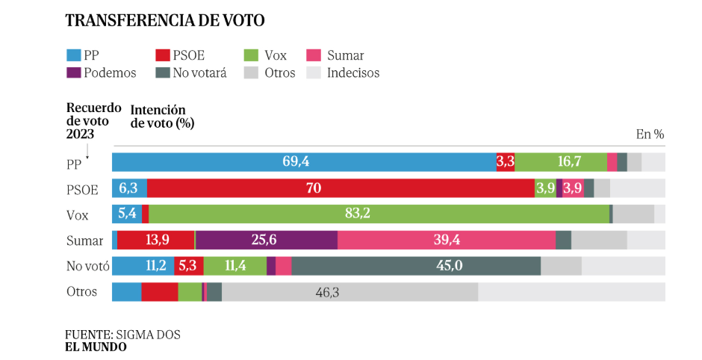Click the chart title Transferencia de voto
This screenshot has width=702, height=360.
[x=164, y=20]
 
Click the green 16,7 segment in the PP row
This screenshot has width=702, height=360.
[x=561, y=162]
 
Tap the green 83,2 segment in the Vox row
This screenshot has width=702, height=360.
[x=379, y=214]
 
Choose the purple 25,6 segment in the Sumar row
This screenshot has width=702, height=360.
[x=267, y=240]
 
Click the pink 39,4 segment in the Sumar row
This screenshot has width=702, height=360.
[x=446, y=240]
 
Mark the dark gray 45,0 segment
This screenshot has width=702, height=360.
[x=416, y=266]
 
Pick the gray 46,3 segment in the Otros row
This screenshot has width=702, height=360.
[x=350, y=292]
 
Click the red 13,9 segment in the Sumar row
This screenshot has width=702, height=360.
[x=155, y=240]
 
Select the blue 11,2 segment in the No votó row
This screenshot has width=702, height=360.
[x=143, y=266]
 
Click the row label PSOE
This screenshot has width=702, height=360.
[x=82, y=189]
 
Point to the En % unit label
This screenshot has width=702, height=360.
[x=650, y=134]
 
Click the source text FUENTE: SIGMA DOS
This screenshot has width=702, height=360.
[x=122, y=335]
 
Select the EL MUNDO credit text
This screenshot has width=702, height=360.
[x=96, y=347]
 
